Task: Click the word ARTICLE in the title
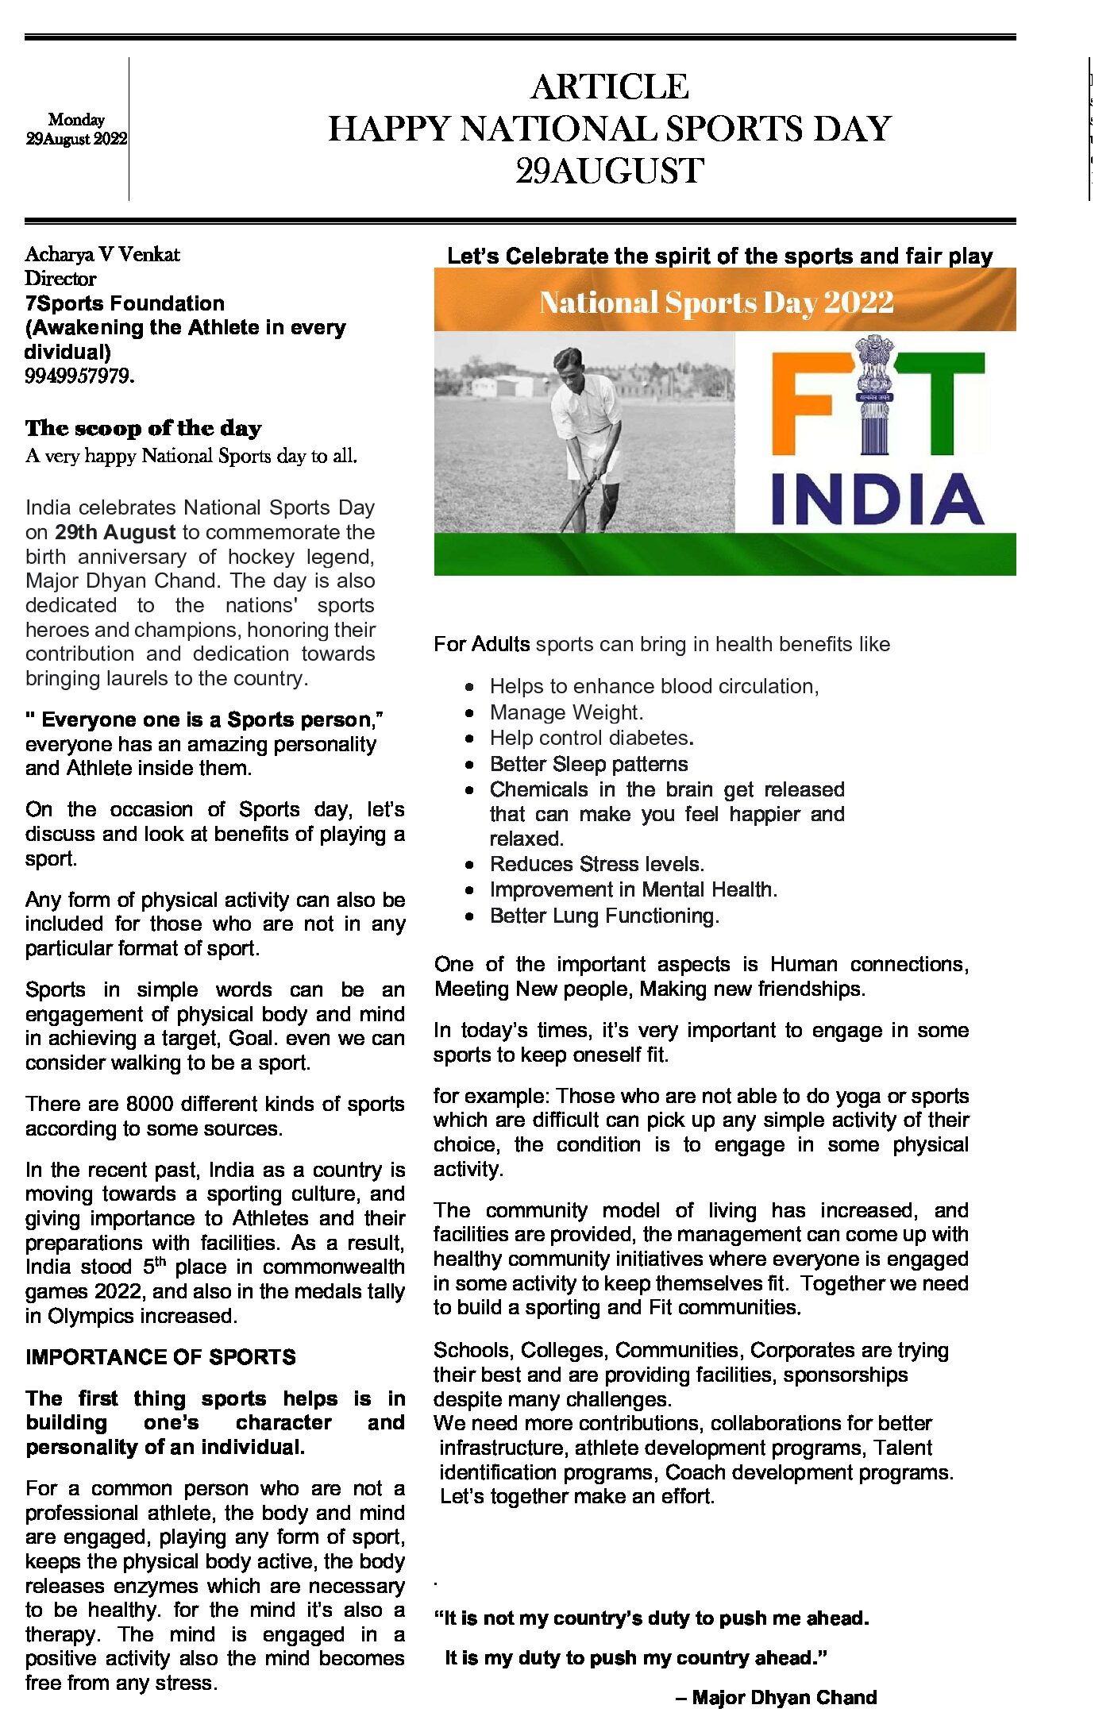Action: pyautogui.click(x=609, y=87)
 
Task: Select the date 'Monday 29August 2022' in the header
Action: pyautogui.click(x=76, y=129)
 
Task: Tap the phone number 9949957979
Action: pyautogui.click(x=79, y=376)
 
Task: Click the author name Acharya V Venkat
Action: pyautogui.click(x=102, y=254)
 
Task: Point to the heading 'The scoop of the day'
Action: pyautogui.click(x=143, y=428)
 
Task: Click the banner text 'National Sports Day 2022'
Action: pyautogui.click(x=716, y=302)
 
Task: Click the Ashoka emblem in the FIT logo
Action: pyautogui.click(x=874, y=395)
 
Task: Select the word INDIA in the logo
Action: pyautogui.click(x=877, y=499)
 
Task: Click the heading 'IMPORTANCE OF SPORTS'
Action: pyautogui.click(x=160, y=1356)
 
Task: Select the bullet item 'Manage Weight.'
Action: pyautogui.click(x=566, y=712)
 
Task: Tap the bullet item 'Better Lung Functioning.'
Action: pyautogui.click(x=604, y=916)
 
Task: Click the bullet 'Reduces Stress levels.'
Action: pyautogui.click(x=597, y=864)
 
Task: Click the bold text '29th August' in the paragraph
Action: pyautogui.click(x=115, y=532)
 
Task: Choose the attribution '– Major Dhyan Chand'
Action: pyautogui.click(x=776, y=1697)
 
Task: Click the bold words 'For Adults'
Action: pyautogui.click(x=481, y=644)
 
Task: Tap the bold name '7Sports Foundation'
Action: pyautogui.click(x=125, y=303)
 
